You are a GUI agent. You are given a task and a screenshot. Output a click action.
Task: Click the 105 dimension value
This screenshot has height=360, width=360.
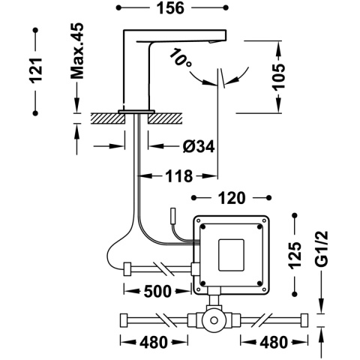pos(278,76)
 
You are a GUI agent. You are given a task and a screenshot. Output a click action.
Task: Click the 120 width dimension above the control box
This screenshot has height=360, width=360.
pos(231,199)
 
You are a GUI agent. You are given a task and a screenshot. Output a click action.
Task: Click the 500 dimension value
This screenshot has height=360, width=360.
pos(153,291)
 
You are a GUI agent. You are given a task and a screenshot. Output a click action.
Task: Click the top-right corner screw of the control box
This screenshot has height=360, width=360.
pos(262,222)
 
